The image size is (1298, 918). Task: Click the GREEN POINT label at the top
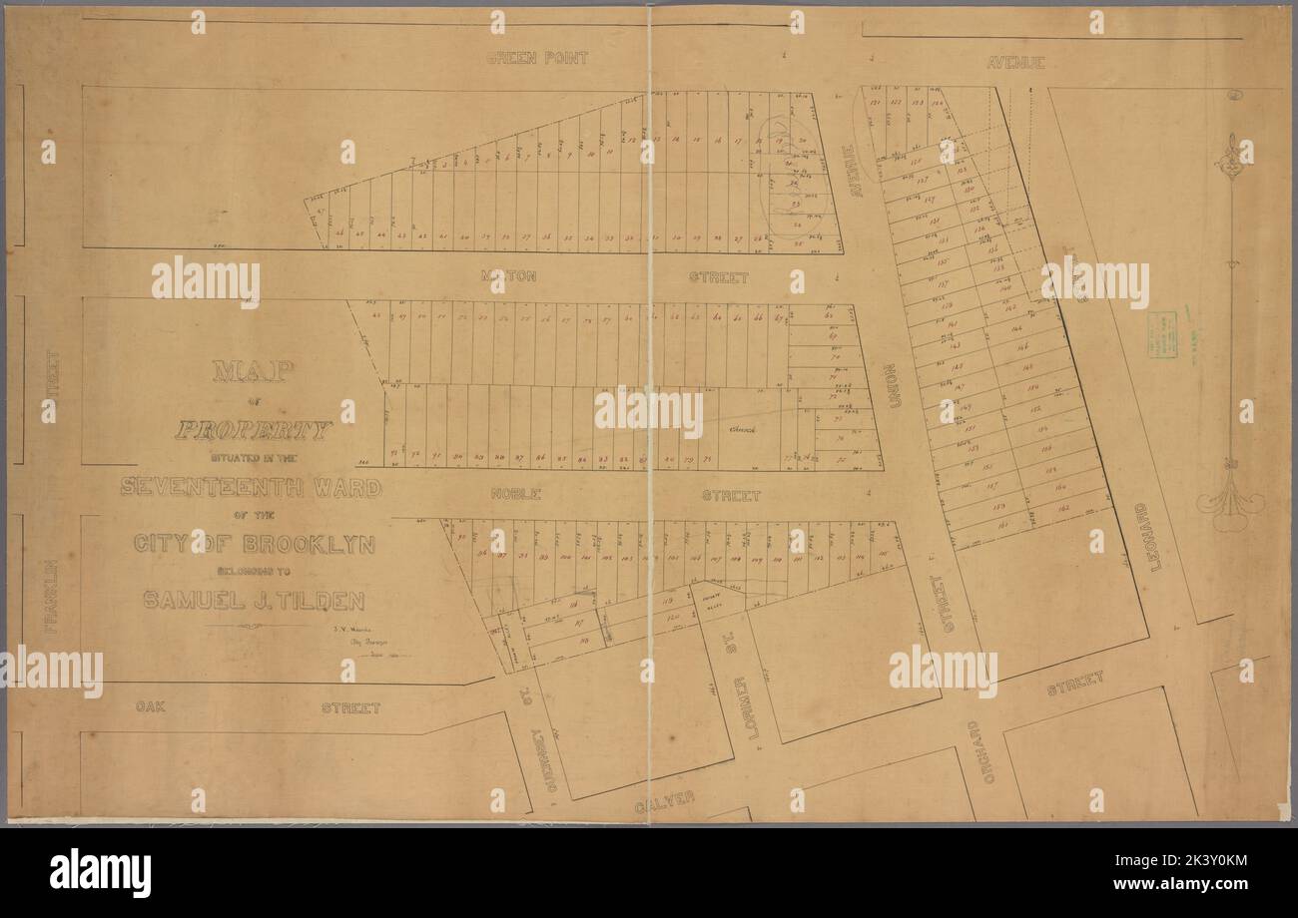[537, 58]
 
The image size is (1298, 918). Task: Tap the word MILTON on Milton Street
[508, 275]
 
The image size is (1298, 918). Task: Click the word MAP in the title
[253, 372]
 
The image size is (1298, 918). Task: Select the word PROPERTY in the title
[253, 431]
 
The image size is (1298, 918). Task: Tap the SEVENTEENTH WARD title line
[251, 487]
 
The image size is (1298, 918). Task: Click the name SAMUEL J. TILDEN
[254, 601]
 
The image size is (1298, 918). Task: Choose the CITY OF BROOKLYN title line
[254, 545]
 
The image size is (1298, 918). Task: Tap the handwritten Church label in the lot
[743, 429]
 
